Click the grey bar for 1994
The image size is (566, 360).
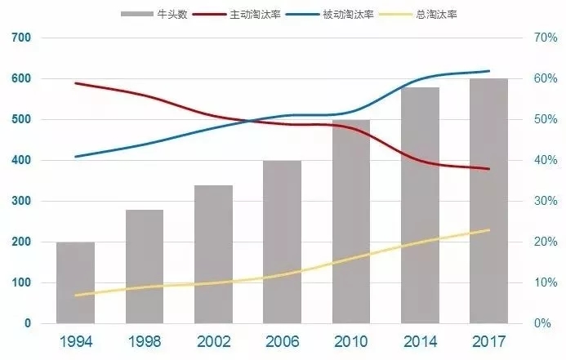[x=75, y=282]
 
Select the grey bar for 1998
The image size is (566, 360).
[x=144, y=266]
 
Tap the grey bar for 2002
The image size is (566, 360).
[x=213, y=254]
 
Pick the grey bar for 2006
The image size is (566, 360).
[x=282, y=242]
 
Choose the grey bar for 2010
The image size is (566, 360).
[x=350, y=221]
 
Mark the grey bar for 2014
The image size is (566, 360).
[x=420, y=205]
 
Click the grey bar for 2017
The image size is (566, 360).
[x=488, y=201]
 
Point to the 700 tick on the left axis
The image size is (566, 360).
[x=21, y=38]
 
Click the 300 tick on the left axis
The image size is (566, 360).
[x=21, y=202]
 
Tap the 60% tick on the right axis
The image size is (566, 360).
[x=544, y=79]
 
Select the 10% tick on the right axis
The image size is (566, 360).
[x=544, y=283]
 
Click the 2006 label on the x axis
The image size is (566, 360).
[x=282, y=340]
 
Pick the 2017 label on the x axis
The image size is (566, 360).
[x=488, y=340]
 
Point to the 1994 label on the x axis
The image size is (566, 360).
[x=75, y=340]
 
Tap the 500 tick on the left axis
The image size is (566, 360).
[x=21, y=120]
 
